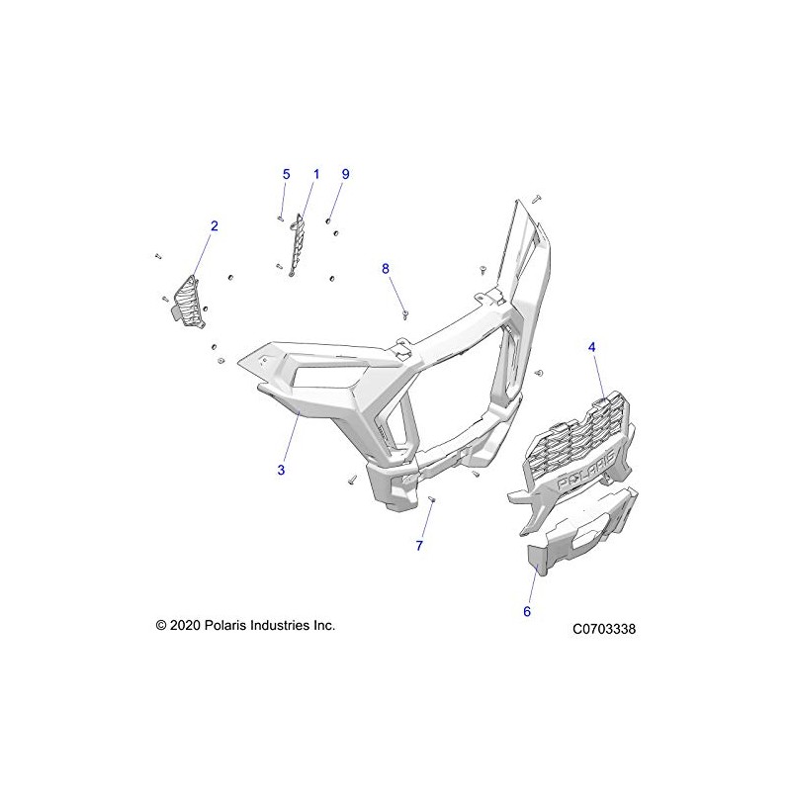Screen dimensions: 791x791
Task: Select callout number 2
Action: [214, 225]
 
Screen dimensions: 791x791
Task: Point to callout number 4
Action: [592, 347]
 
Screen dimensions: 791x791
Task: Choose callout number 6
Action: [527, 612]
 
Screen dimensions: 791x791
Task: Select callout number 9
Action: [346, 174]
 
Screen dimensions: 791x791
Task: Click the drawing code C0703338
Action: [603, 628]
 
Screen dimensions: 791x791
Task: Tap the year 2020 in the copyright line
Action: [186, 625]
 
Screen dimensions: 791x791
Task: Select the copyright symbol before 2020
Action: [160, 625]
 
